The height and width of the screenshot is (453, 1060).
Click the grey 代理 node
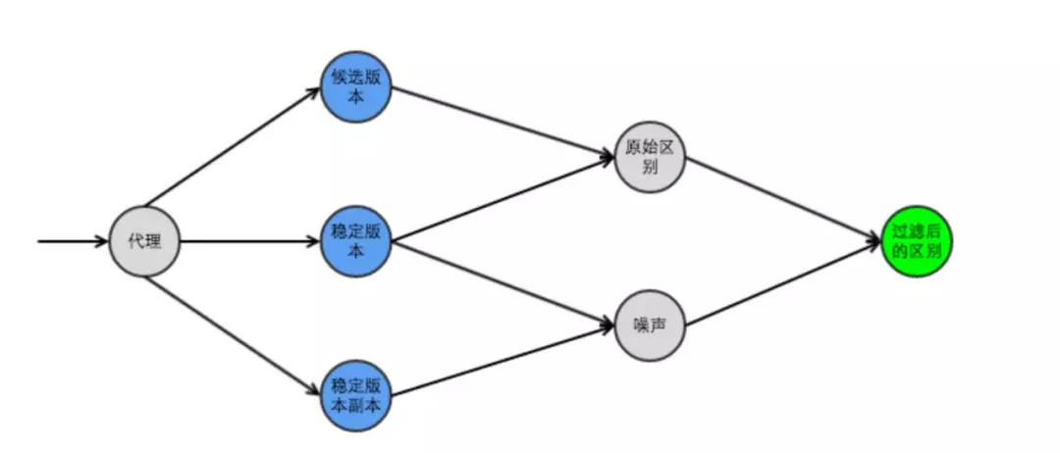click(144, 241)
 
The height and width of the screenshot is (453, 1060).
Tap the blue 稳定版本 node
click(355, 241)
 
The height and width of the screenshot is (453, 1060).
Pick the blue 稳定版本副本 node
click(355, 395)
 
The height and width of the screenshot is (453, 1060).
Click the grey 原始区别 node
click(650, 157)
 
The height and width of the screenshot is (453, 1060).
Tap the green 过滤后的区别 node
click(916, 241)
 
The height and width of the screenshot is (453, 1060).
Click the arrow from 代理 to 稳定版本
click(250, 241)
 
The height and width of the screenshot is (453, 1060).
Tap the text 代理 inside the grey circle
click(144, 241)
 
